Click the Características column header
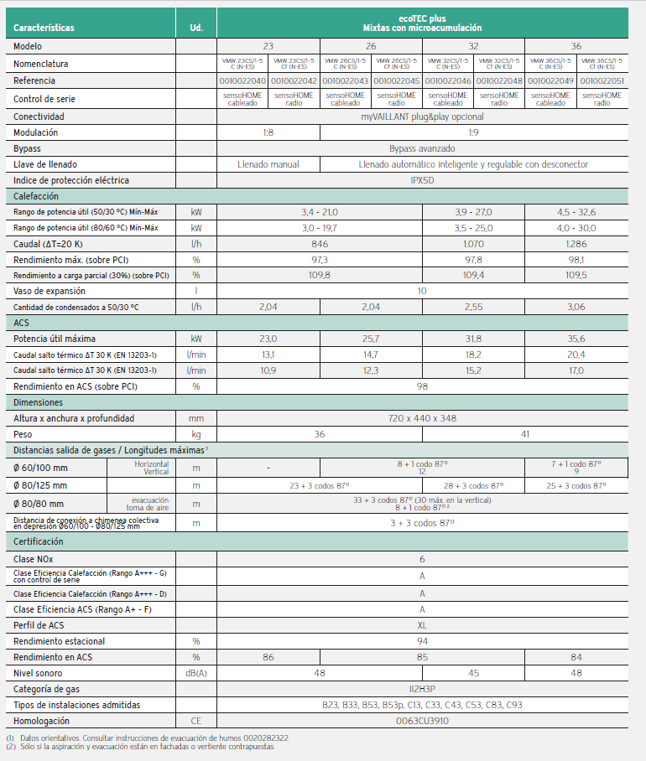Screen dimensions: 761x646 point(44,28)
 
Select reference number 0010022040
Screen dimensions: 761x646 point(242,80)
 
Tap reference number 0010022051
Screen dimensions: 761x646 point(602,80)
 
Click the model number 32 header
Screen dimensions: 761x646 point(473,45)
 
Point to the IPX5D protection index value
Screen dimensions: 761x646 point(422,180)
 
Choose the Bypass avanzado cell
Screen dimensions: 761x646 point(422,148)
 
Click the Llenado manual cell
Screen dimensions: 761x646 point(268,164)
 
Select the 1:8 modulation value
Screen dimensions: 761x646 point(268,132)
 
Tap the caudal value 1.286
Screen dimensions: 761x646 point(576,244)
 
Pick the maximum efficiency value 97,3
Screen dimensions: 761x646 point(319,260)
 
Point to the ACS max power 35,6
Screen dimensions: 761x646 point(576,339)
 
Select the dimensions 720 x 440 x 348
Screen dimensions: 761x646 point(422,417)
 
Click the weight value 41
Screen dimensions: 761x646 point(524,434)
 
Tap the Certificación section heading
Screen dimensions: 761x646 point(39,541)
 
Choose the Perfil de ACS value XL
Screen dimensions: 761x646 point(422,625)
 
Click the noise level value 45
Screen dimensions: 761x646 point(473,673)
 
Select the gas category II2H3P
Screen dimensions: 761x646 point(422,689)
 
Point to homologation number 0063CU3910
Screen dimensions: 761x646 point(422,721)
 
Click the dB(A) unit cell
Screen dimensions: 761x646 point(196,673)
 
